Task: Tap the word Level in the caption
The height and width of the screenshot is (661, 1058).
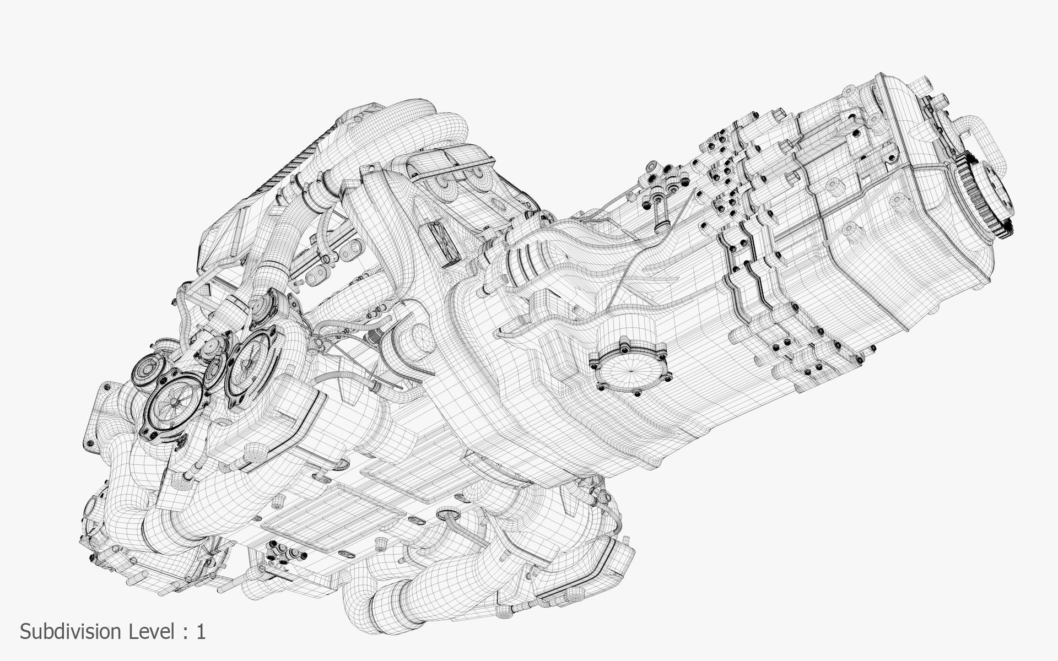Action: pyautogui.click(x=152, y=632)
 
